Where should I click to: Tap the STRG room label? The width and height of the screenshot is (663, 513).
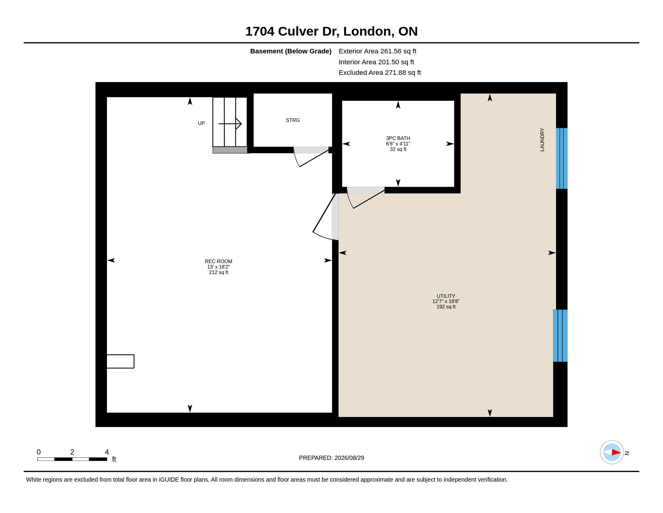(x=293, y=120)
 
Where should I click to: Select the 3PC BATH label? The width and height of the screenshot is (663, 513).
(x=398, y=138)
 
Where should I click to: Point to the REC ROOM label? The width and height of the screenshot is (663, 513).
(x=218, y=261)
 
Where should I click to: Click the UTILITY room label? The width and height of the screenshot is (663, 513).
(x=446, y=296)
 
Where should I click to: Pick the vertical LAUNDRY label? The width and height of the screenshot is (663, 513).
(x=542, y=139)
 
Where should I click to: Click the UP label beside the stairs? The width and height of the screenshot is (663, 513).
(x=201, y=123)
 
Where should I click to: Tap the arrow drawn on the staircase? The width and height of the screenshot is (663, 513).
(x=230, y=124)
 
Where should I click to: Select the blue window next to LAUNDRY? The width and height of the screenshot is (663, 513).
(x=562, y=158)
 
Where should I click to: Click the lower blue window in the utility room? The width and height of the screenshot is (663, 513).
(x=560, y=336)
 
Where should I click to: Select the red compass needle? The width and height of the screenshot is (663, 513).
(x=616, y=452)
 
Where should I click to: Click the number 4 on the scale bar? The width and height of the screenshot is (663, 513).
(x=107, y=452)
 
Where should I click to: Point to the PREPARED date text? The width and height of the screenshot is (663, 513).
(x=331, y=458)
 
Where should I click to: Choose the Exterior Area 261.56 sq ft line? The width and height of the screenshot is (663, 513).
(x=377, y=51)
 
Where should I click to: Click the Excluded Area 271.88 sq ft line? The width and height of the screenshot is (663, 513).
(x=380, y=73)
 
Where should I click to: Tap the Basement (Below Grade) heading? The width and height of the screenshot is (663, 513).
(x=291, y=51)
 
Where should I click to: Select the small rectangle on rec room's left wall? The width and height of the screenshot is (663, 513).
(x=121, y=361)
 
